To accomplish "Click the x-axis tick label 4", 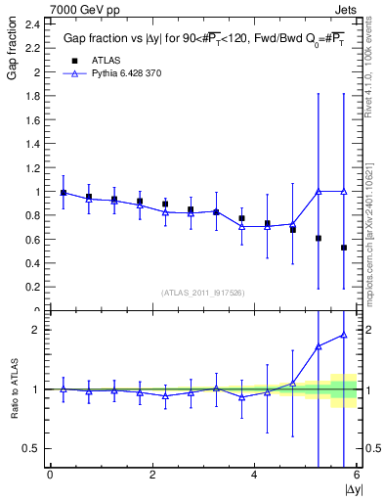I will [x=254, y=475].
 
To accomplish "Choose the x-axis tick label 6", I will [x=357, y=475].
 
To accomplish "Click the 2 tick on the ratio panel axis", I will [x=35, y=330].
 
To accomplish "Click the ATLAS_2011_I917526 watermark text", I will [x=202, y=293].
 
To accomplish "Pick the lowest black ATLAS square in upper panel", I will [x=344, y=248].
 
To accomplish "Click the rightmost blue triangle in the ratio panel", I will [x=344, y=335].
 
